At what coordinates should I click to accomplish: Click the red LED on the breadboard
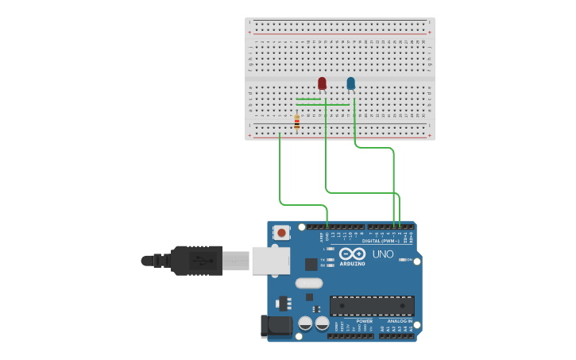(x=322, y=83)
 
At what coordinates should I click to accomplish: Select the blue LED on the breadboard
(x=350, y=83)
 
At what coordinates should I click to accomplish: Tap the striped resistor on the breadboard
(x=296, y=122)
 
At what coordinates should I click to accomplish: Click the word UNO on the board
(x=383, y=254)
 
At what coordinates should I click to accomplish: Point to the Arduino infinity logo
(x=351, y=254)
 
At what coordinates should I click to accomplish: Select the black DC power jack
(x=276, y=324)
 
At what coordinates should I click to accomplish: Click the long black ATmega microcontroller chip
(x=372, y=305)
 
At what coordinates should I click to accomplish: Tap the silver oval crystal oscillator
(x=309, y=283)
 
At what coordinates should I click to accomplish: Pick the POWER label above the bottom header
(x=342, y=321)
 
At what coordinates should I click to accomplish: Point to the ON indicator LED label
(x=409, y=259)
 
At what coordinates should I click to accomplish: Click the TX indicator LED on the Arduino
(x=330, y=259)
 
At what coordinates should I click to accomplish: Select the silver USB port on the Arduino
(x=270, y=261)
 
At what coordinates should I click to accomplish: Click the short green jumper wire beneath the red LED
(x=308, y=99)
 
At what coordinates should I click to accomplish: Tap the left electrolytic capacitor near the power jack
(x=305, y=323)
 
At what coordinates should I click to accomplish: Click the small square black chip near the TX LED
(x=311, y=264)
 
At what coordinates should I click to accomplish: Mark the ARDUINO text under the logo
(x=352, y=263)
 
